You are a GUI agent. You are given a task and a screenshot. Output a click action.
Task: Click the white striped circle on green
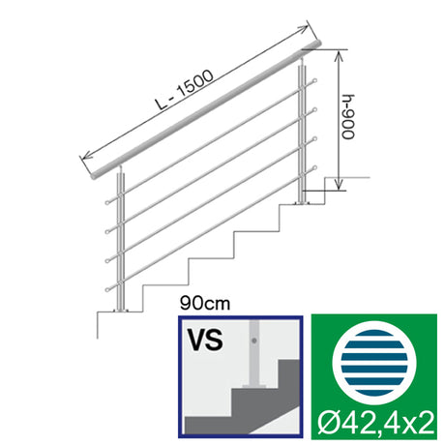tap(371, 362)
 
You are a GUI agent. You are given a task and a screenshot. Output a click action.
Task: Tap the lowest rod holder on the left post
tap(104, 289)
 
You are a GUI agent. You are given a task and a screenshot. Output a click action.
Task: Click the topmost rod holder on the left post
tap(104, 202)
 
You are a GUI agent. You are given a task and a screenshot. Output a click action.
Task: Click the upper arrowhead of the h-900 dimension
tap(339, 55)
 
